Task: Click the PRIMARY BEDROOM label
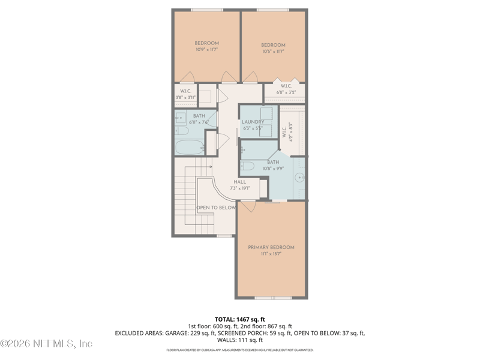pos(271,247)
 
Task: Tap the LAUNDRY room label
pos(253,122)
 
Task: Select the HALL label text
pos(239,182)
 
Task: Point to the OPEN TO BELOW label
pos(216,208)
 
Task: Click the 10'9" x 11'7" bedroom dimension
pos(206,50)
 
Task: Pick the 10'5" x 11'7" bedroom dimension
pos(273,52)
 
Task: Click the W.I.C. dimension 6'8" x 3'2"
pos(286,92)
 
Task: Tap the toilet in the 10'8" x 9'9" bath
pos(249,166)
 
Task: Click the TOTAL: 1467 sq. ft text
pos(240,319)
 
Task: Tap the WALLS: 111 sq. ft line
pos(240,340)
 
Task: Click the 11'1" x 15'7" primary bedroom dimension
pos(271,254)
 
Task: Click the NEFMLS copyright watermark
pos(47,344)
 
